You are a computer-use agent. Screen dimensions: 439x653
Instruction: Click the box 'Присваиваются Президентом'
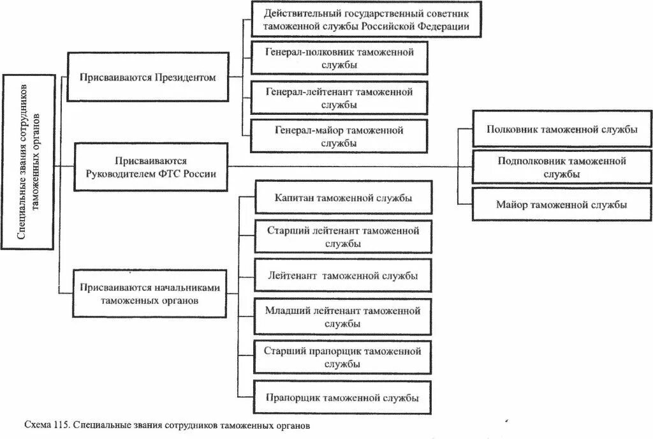pyautogui.click(x=147, y=77)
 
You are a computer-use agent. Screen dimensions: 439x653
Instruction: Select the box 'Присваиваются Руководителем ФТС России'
pyautogui.click(x=151, y=167)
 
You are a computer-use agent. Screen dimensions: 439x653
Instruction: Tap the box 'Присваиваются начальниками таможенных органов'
pyautogui.click(x=150, y=294)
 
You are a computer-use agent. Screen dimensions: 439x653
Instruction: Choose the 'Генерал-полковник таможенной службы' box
pyautogui.click(x=339, y=57)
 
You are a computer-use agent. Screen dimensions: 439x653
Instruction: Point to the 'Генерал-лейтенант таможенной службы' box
pyautogui.click(x=339, y=98)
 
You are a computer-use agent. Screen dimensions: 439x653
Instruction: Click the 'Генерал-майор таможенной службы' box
pyautogui.click(x=339, y=137)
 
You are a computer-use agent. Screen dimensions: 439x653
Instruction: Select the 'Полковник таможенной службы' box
pyautogui.click(x=562, y=129)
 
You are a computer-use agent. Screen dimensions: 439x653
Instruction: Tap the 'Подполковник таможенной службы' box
pyautogui.click(x=562, y=167)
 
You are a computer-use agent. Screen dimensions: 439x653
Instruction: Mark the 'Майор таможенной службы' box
pyautogui.click(x=562, y=205)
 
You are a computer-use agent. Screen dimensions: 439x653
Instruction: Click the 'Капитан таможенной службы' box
pyautogui.click(x=344, y=198)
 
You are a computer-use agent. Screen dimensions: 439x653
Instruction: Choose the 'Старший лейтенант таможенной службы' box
pyautogui.click(x=344, y=237)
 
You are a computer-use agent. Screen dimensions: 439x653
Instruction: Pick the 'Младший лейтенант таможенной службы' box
pyautogui.click(x=344, y=316)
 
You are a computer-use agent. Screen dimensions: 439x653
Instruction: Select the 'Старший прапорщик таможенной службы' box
pyautogui.click(x=344, y=357)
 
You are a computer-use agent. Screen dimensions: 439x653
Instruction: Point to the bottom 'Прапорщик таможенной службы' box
pyautogui.click(x=344, y=398)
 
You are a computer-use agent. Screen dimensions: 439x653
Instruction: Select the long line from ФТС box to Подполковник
pyautogui.click(x=344, y=167)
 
